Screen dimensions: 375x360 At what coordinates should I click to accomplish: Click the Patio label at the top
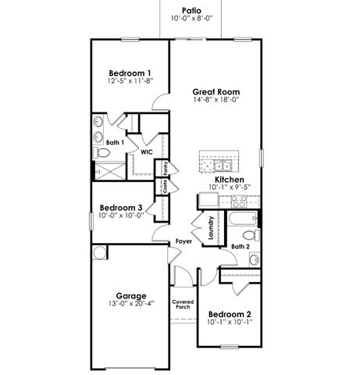(x=180, y=9)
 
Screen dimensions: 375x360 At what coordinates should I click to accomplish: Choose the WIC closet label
(x=146, y=152)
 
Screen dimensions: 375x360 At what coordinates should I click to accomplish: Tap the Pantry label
(x=166, y=169)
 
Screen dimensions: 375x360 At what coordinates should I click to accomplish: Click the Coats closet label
(x=166, y=187)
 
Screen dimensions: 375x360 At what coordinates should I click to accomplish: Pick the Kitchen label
(x=232, y=179)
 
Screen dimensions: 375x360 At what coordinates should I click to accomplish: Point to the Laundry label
(x=211, y=227)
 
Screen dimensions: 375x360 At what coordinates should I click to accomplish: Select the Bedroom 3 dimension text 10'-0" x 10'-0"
(x=121, y=216)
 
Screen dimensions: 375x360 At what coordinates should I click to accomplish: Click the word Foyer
(x=184, y=241)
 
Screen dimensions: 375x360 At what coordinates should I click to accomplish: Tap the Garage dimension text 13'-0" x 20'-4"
(x=130, y=304)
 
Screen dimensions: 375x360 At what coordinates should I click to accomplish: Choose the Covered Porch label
(x=183, y=304)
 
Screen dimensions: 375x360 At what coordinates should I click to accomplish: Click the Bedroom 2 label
(x=229, y=313)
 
